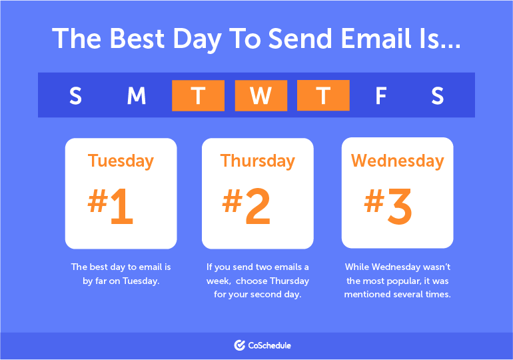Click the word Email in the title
pos(376,38)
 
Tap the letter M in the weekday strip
pos(137,95)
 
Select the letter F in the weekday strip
pos(381,95)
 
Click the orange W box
pos(261,95)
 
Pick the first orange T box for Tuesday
pos(199,95)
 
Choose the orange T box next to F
pos(323,95)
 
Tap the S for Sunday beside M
pos(75,95)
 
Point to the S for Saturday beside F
pos(438,95)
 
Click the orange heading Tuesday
pos(121,161)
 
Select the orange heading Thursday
pos(257,161)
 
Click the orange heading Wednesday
pos(398,161)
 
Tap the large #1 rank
pos(110,206)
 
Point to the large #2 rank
pos(247,206)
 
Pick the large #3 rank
pos(388,206)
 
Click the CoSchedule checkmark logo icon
pos(239,345)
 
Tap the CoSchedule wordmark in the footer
pos(270,345)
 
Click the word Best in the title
pos(137,38)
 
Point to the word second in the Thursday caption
pos(266,294)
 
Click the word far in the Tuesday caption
pos(101,281)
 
